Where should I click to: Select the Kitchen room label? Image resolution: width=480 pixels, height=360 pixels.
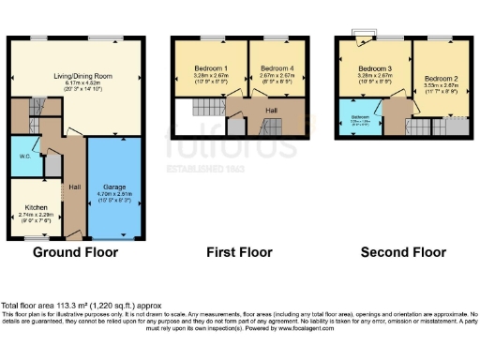[38, 207]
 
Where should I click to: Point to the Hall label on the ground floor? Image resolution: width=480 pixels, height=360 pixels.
[74, 187]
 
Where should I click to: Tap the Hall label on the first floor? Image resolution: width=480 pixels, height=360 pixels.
[271, 111]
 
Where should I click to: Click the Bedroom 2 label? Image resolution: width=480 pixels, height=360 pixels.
[440, 79]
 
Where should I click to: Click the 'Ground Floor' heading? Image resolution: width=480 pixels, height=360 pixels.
[76, 252]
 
